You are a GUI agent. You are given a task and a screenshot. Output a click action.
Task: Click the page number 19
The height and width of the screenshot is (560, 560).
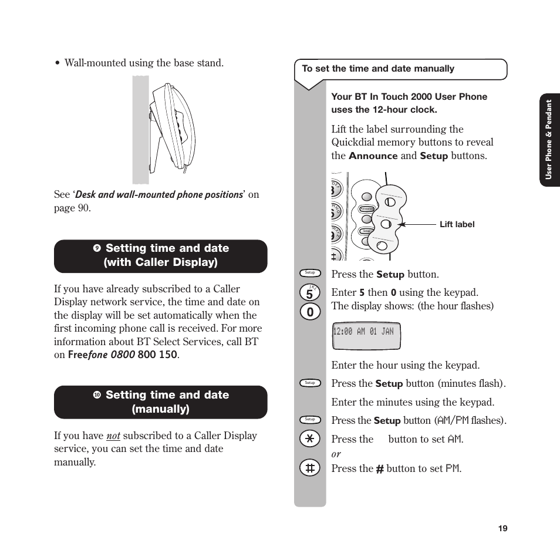502,528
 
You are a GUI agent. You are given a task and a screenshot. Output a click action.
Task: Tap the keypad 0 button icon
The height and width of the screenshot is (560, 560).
309,312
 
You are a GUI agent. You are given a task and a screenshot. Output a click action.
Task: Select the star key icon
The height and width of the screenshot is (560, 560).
309,439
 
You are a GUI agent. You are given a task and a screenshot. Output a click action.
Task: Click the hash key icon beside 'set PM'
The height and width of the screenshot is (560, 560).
309,468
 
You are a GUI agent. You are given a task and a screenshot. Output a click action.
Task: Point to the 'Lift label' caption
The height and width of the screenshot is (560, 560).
457,224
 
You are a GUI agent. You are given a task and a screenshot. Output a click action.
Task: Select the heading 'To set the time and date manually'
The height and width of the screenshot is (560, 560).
378,69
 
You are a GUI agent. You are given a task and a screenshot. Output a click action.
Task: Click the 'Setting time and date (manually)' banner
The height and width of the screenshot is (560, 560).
160,402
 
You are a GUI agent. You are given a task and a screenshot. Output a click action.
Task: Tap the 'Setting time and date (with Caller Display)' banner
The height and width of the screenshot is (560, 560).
160,255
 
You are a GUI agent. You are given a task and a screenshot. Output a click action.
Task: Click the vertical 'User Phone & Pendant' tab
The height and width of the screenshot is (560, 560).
549,139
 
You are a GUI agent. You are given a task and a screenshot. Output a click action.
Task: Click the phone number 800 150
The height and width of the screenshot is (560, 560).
157,355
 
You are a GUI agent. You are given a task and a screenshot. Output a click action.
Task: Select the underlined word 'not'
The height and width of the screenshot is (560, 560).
113,436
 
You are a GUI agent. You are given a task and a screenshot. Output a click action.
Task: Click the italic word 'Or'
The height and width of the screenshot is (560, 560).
336,454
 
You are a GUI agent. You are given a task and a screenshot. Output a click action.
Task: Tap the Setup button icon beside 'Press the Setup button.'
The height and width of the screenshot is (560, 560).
310,272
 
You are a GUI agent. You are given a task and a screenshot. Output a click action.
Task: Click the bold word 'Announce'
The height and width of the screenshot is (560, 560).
373,156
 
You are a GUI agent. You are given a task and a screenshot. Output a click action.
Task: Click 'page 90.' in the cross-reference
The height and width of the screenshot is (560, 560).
72,208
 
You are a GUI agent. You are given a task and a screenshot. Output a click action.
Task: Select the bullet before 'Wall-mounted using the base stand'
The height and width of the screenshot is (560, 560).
58,63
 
